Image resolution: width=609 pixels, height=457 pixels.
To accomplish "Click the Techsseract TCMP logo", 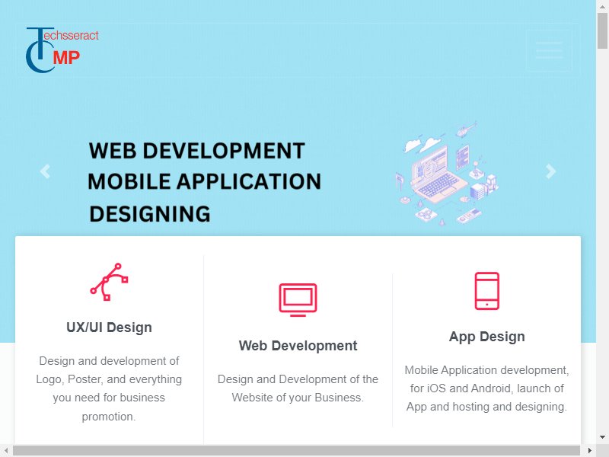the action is pyautogui.click(x=62, y=50).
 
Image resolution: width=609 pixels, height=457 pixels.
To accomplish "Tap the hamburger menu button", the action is pyautogui.click(x=549, y=50).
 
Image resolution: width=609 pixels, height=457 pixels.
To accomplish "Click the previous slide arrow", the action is pyautogui.click(x=45, y=171).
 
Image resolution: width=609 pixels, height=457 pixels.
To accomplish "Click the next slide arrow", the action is pyautogui.click(x=550, y=171).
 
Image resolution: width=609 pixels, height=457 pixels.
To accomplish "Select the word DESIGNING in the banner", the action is pyautogui.click(x=150, y=214).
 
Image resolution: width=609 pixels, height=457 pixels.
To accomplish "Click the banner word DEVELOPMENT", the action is pyautogui.click(x=224, y=151).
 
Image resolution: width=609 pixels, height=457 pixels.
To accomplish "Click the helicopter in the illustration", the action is pyautogui.click(x=466, y=129).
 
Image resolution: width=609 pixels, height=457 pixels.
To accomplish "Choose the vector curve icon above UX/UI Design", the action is pyautogui.click(x=109, y=282).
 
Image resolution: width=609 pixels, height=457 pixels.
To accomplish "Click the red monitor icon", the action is pyautogui.click(x=298, y=299).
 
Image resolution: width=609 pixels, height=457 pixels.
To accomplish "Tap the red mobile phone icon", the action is pyautogui.click(x=486, y=291).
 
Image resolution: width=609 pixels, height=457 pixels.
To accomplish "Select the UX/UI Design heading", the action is pyautogui.click(x=109, y=328).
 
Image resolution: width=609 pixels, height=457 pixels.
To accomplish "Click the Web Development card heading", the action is pyautogui.click(x=298, y=346).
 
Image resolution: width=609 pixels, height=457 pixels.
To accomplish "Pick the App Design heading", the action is pyautogui.click(x=486, y=337).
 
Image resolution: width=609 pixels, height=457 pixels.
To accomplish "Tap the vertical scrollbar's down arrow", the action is pyautogui.click(x=602, y=436).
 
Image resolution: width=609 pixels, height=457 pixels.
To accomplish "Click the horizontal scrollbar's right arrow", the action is pyautogui.click(x=589, y=451).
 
